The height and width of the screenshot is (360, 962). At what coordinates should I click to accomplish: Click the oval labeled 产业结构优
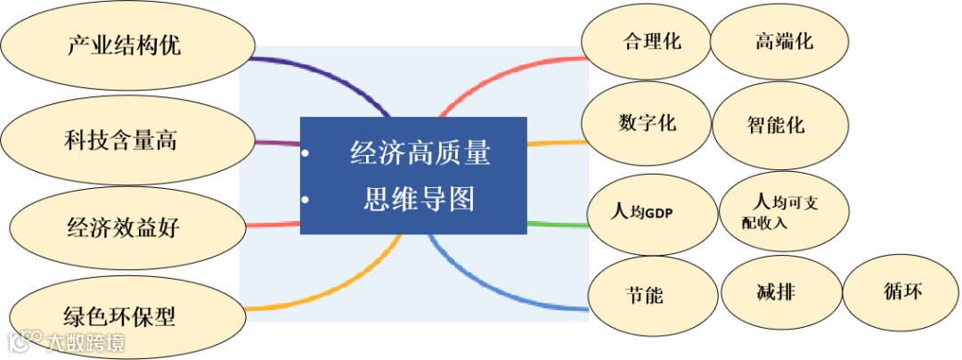point(125,45)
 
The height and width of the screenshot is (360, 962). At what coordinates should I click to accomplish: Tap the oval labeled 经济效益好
point(124,227)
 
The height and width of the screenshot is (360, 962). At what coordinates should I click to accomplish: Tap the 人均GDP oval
point(651,214)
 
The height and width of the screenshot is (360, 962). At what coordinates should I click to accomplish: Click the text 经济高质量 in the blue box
point(420,153)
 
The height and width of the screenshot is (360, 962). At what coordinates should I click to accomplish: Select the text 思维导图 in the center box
point(420,198)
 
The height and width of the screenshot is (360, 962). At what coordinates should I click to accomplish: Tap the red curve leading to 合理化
point(499,76)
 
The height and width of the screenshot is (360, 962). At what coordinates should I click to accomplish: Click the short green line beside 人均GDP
point(557,223)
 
